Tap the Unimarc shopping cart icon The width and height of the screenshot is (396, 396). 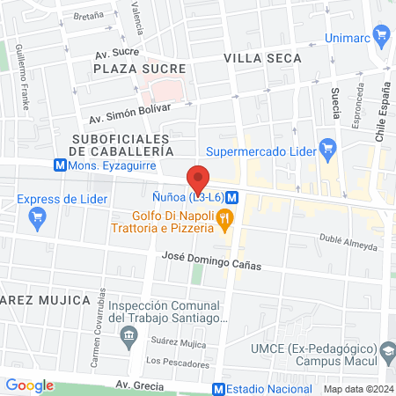[381, 36]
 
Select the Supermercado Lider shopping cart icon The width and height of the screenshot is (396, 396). [328, 148]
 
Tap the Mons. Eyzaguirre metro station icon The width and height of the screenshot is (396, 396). [59, 165]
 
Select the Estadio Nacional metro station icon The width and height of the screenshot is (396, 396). [218, 389]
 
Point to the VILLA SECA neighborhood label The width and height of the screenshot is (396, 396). [262, 58]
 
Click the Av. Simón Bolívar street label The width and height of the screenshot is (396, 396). [128, 113]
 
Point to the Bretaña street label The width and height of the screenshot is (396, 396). [88, 16]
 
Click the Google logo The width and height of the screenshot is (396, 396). [30, 385]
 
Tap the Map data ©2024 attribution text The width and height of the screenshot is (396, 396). [357, 389]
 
